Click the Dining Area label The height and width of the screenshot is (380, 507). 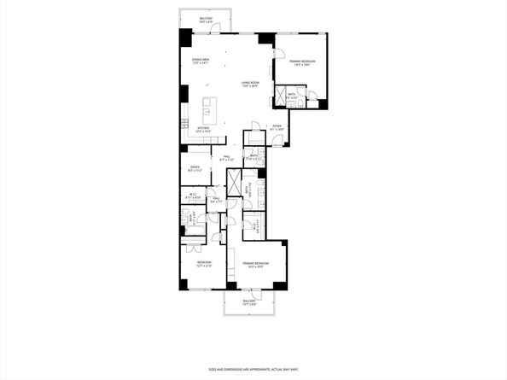click(201, 61)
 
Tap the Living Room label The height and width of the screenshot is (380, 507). click(250, 84)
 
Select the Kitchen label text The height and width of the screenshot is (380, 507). click(203, 130)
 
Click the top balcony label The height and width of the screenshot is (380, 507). click(206, 19)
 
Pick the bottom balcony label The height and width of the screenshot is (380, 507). click(248, 303)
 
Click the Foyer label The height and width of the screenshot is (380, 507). click(277, 128)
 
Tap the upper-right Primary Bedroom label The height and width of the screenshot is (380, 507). click(302, 63)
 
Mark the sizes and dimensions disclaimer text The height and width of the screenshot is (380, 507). click(253, 369)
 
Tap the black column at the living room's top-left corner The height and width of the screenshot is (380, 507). click(185, 39)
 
